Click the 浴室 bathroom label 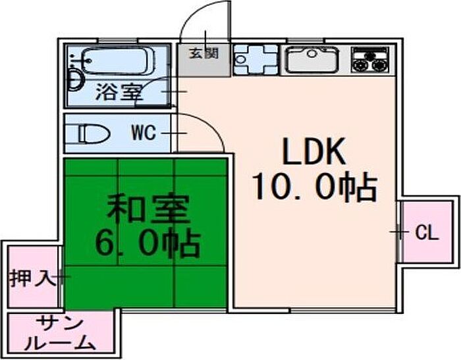119,91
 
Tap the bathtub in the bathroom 117,61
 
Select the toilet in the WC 91,134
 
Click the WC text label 144,133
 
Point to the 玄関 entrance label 203,53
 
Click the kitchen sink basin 313,60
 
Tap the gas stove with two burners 370,60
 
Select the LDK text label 313,151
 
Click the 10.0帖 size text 315,188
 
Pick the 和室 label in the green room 148,209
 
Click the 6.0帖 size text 148,244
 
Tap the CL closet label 427,234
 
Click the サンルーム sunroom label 60,333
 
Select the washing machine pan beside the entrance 256,60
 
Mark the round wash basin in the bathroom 76,80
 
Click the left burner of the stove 360,65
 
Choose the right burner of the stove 378,65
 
